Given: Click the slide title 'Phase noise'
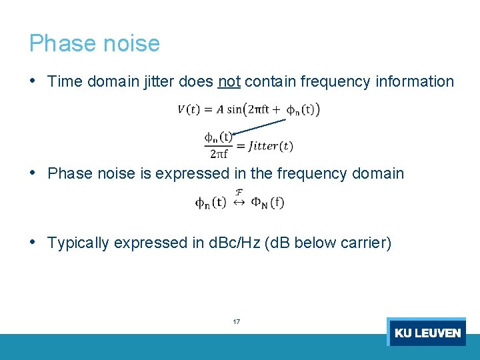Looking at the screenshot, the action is (94, 43).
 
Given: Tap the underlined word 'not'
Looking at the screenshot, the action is (229, 82).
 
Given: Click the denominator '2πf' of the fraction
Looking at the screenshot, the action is (218, 155).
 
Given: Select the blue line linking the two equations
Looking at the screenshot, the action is (261, 126).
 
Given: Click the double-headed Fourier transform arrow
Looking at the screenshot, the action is (239, 202).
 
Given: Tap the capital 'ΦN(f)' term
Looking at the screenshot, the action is (267, 202).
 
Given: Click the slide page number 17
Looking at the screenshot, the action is (237, 322).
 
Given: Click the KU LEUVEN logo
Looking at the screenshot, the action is (427, 332).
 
